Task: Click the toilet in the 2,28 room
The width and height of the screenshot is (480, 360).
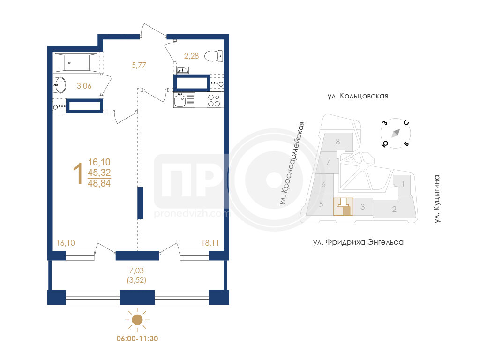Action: pyautogui.click(x=214, y=56)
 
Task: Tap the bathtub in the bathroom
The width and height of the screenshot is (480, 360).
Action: pyautogui.click(x=75, y=63)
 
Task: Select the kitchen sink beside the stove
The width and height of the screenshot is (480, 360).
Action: pyautogui.click(x=180, y=100)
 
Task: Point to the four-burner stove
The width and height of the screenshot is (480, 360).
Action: pyautogui.click(x=214, y=100)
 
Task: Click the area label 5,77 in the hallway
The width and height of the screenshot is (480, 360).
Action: pyautogui.click(x=139, y=65)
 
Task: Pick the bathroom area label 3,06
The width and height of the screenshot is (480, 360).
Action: pyautogui.click(x=84, y=86)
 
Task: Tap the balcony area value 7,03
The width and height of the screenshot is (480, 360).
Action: pyautogui.click(x=136, y=270)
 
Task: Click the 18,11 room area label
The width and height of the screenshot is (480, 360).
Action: pyautogui.click(x=210, y=243)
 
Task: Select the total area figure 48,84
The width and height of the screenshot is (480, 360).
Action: pyautogui.click(x=99, y=183)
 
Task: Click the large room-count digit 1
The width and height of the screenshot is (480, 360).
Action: pyautogui.click(x=78, y=173)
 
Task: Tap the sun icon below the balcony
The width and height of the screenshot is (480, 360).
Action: pyautogui.click(x=137, y=320)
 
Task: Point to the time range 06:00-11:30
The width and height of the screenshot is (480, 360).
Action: pyautogui.click(x=137, y=338)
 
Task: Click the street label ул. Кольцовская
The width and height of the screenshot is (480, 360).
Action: pyautogui.click(x=358, y=96)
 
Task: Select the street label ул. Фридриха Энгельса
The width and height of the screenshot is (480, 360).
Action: pyautogui.click(x=358, y=242)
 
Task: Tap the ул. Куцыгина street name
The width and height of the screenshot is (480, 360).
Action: pyautogui.click(x=437, y=199)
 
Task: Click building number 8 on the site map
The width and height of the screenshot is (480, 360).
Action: pyautogui.click(x=337, y=142)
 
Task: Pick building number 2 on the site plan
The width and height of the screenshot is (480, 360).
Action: pyautogui.click(x=394, y=209)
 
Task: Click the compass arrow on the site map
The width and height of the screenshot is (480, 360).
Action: pyautogui.click(x=396, y=133)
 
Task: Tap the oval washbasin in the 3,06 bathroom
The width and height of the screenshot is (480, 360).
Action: pyautogui.click(x=60, y=85)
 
